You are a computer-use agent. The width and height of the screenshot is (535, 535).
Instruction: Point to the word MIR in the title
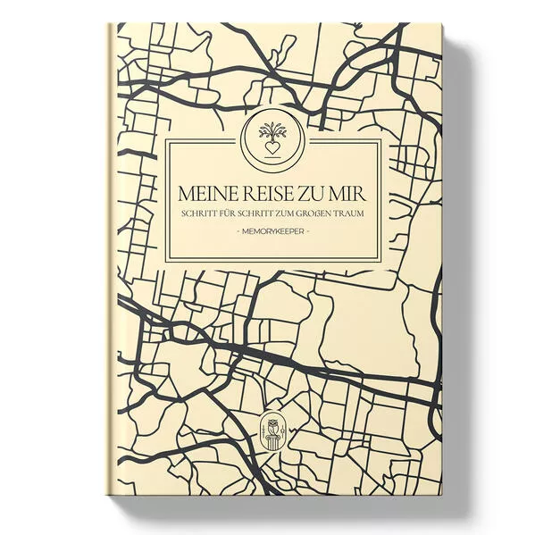[x=351, y=194]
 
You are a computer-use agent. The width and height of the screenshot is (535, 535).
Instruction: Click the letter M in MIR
[x=340, y=194]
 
